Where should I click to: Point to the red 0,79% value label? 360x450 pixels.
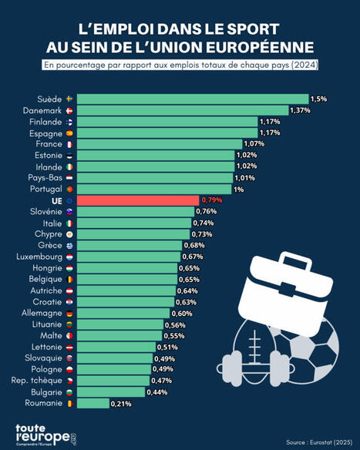(212, 201)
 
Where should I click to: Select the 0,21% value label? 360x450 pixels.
(121, 403)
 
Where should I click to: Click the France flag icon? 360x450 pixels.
(69, 144)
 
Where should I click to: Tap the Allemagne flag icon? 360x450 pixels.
(69, 313)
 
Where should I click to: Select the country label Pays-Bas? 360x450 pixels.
(42, 178)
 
